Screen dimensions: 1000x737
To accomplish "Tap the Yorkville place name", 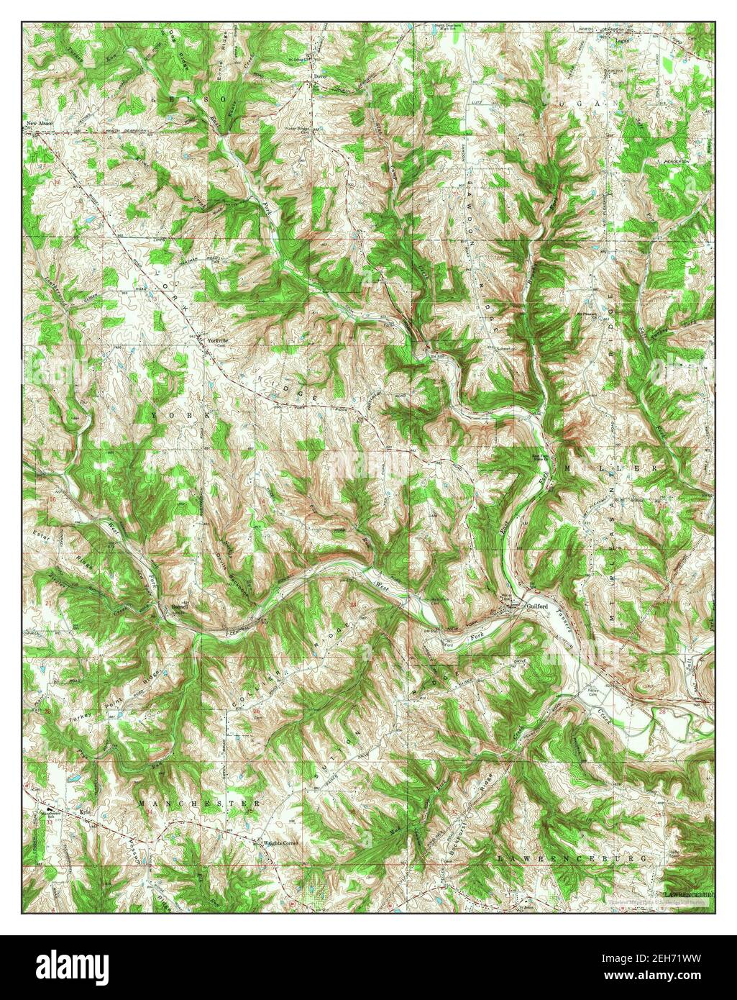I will pyautogui.click(x=217, y=340).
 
